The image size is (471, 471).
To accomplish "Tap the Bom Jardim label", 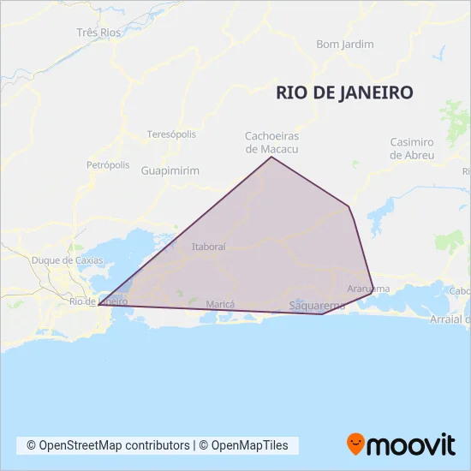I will point(345,44).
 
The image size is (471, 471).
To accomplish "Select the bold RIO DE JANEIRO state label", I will point(345,92).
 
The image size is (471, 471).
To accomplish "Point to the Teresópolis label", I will point(171,134).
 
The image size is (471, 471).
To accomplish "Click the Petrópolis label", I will point(108,164).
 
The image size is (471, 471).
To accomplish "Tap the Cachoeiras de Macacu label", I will point(271,142).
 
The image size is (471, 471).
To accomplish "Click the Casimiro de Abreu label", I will point(412,148).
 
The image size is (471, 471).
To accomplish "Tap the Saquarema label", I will point(318,306).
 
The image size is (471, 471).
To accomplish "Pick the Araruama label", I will point(368,289).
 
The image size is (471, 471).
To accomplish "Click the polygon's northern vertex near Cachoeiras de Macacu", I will point(271,157).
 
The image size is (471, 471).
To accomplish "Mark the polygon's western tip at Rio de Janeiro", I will point(99,304).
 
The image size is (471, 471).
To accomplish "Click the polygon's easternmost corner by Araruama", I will point(373,298).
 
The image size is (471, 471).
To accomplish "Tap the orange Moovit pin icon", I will point(355,444).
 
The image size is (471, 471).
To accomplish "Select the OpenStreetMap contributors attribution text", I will point(108,445).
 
